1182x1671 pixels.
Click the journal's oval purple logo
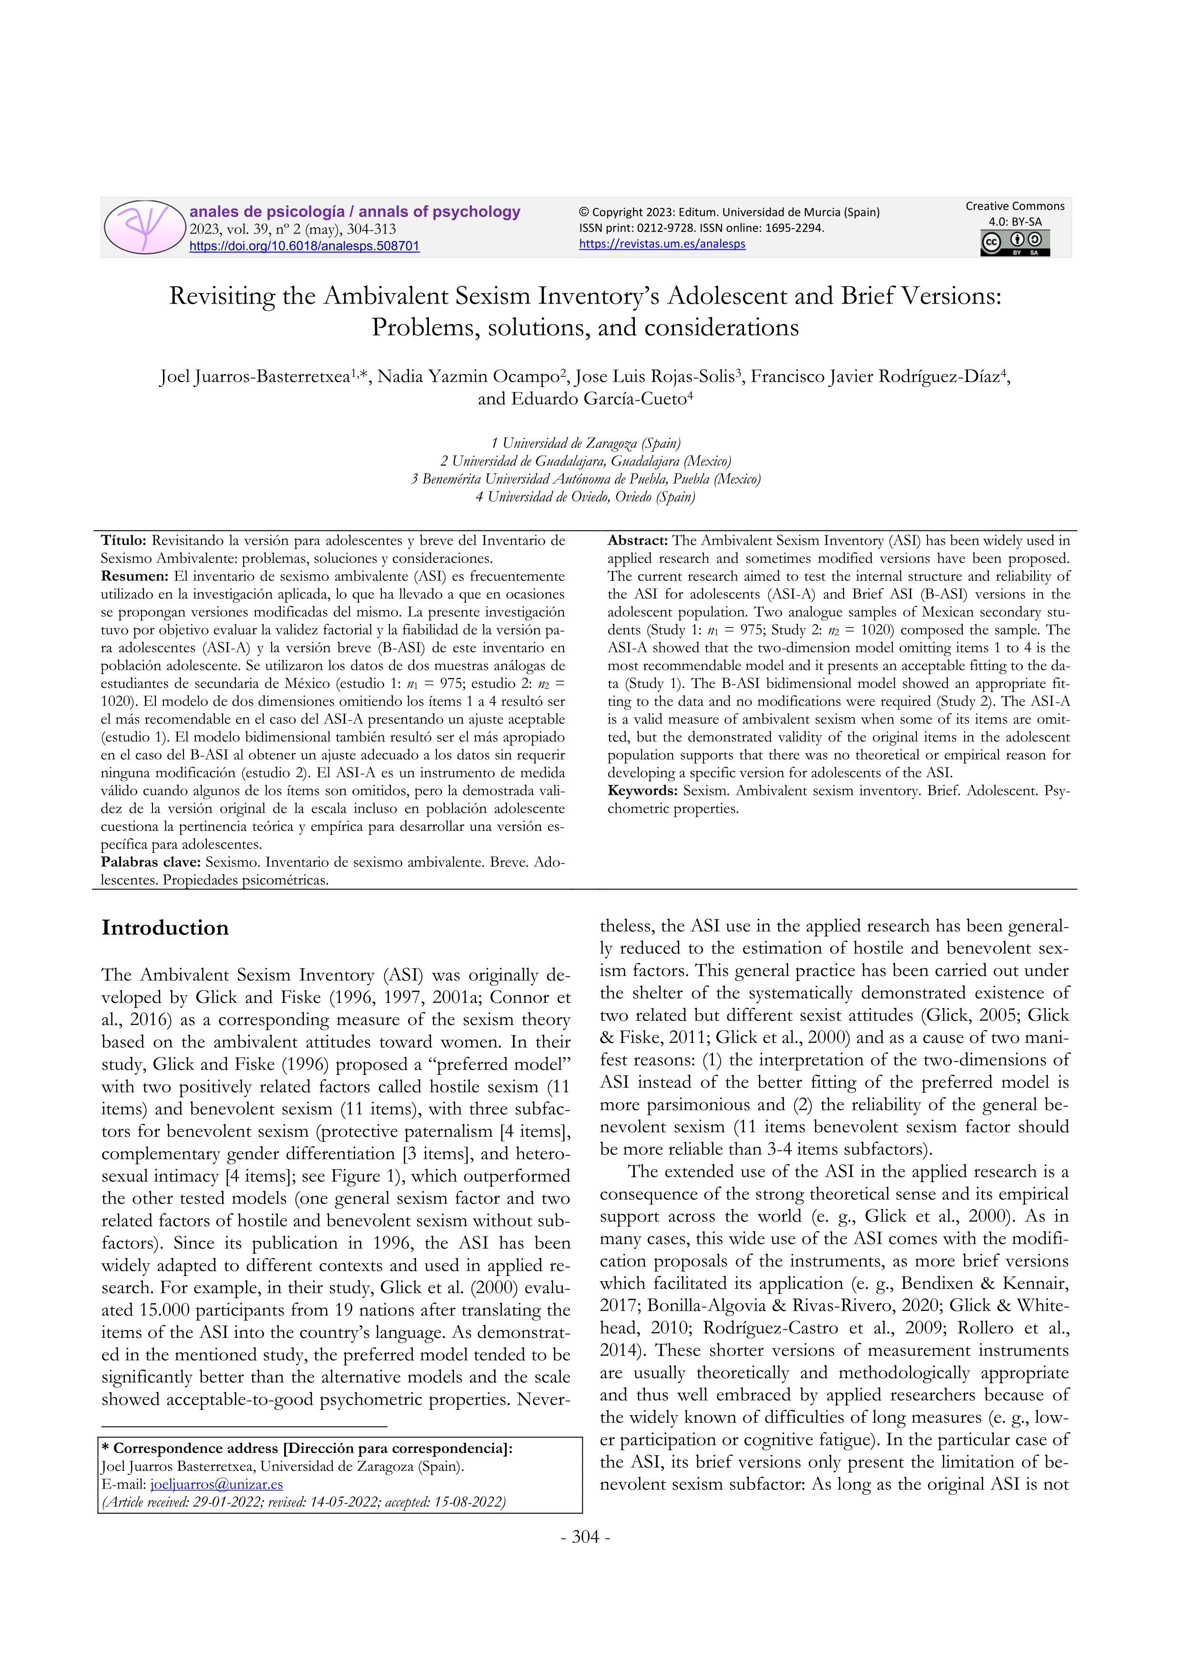click(x=145, y=227)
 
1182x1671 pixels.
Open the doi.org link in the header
click(x=304, y=246)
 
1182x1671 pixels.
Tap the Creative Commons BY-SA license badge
click(x=1015, y=243)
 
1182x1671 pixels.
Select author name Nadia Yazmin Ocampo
click(x=468, y=376)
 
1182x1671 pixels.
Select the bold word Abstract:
click(x=638, y=541)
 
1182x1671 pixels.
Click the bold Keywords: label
click(x=642, y=790)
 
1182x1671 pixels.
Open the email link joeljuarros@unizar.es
click(x=216, y=1484)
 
